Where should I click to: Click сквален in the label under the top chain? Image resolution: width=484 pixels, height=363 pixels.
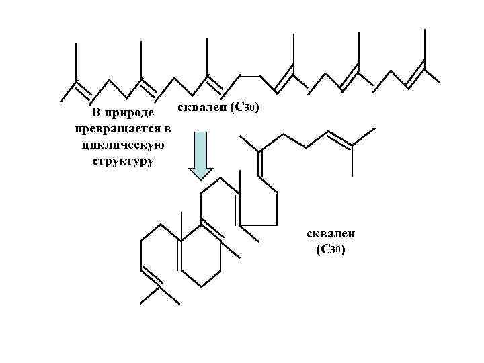pos(201,108)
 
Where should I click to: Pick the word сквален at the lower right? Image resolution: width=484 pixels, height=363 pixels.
pos(331,235)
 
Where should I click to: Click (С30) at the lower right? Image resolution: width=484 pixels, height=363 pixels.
pos(331,251)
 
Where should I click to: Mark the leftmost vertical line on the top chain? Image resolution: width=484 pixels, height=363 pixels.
pos(76,61)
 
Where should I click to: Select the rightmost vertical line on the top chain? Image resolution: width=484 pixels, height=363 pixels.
pos(424,46)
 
